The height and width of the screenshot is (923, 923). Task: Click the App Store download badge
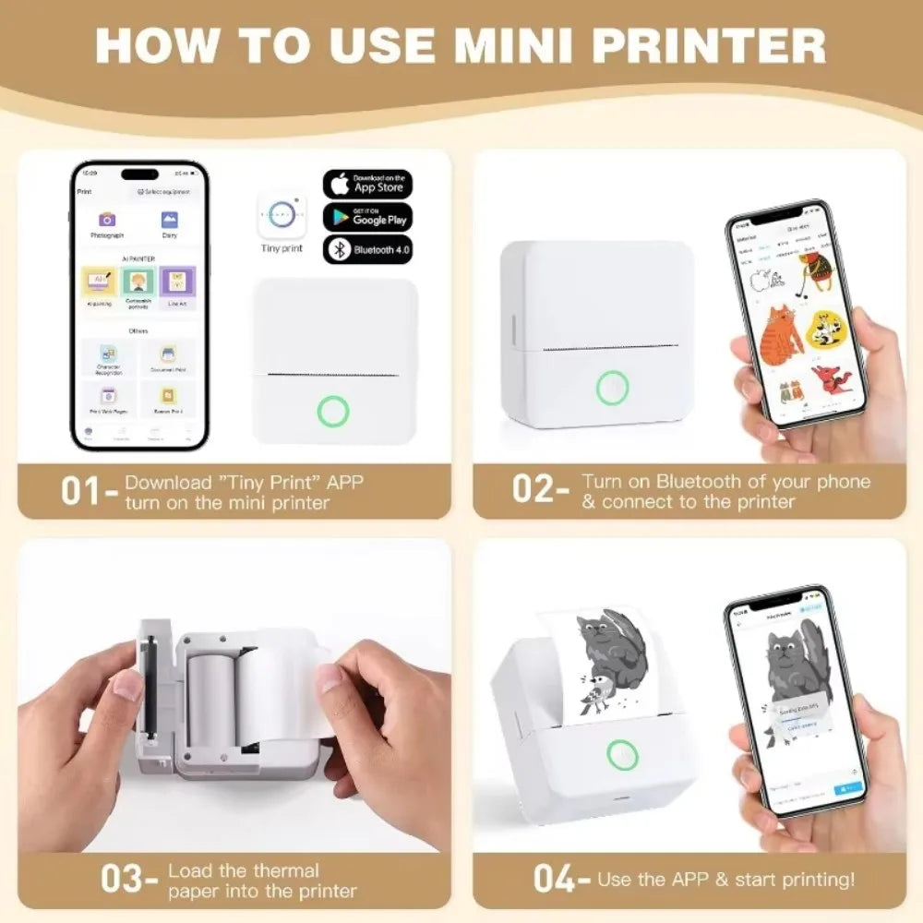click(x=367, y=184)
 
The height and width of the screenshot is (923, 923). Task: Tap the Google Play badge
click(x=367, y=217)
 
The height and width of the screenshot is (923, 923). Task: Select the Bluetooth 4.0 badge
click(x=367, y=250)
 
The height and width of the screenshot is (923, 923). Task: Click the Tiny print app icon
click(x=282, y=215)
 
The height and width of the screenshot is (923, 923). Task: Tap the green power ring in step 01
click(x=333, y=411)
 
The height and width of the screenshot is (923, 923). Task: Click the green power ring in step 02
click(x=612, y=388)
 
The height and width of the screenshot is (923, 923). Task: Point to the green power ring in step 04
click(x=623, y=755)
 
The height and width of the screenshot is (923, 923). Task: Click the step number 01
click(x=81, y=491)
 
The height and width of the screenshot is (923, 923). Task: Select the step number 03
click(x=122, y=879)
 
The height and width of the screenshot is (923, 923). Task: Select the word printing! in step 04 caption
click(x=813, y=880)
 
